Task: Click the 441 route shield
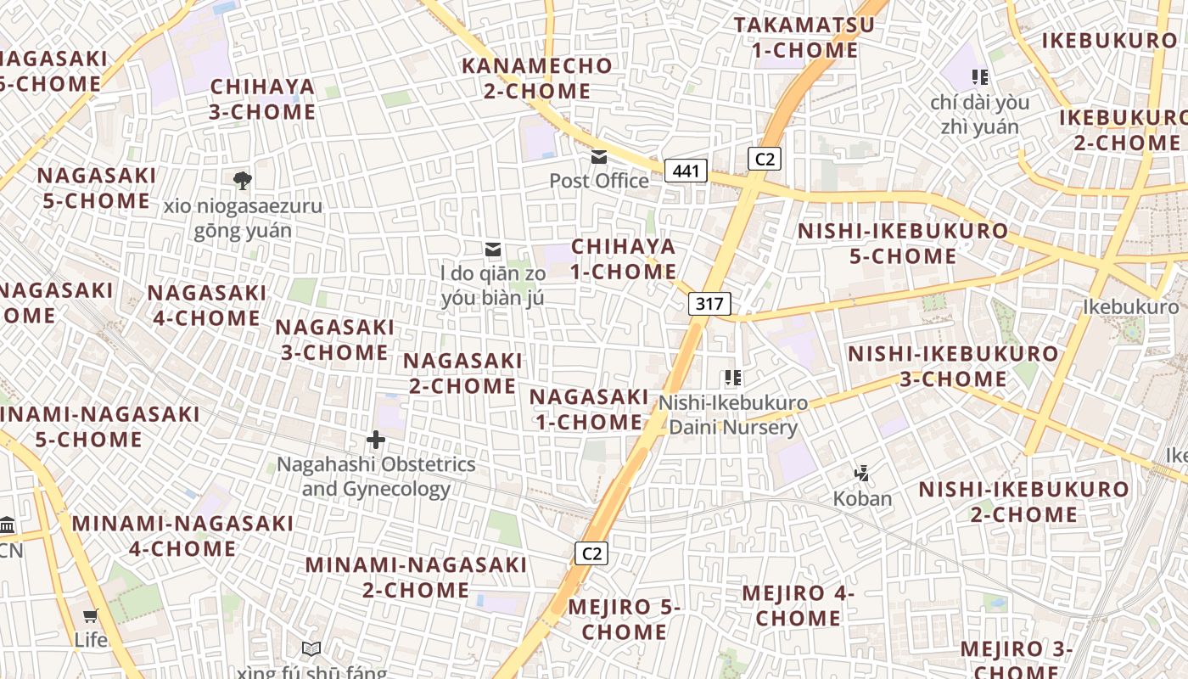[686, 171]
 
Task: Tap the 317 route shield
[709, 304]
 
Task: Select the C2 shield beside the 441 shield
[764, 159]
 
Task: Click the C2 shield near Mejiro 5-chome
[591, 553]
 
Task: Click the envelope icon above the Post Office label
[599, 157]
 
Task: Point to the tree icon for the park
[242, 180]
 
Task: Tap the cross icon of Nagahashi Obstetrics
[375, 440]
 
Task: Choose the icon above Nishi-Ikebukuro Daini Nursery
[732, 378]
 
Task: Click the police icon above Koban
[862, 473]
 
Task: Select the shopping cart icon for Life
[91, 615]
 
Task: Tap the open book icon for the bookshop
[311, 649]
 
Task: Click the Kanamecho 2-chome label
[537, 78]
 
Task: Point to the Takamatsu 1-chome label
[804, 37]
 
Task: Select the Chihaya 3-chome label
[262, 99]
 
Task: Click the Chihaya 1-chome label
[624, 259]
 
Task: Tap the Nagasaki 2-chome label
[462, 373]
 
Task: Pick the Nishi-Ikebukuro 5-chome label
[903, 244]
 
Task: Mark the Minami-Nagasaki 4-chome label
[182, 536]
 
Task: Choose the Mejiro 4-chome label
[799, 605]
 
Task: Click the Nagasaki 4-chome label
[207, 306]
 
